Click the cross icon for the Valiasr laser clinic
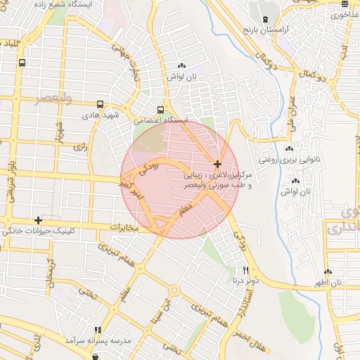(217, 164)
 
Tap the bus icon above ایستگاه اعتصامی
(161, 110)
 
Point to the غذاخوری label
(345, 14)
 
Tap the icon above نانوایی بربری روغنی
(289, 148)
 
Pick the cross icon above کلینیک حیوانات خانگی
(37, 220)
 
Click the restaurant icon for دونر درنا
(245, 270)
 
